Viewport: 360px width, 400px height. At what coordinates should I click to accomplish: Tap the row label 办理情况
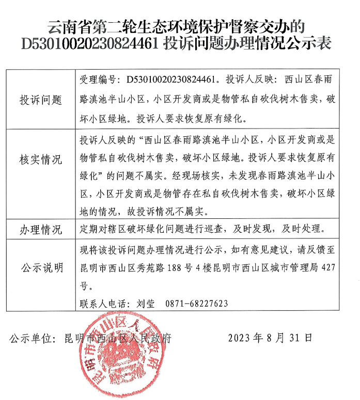pyautogui.click(x=41, y=229)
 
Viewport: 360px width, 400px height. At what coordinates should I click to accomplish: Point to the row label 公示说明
pyautogui.click(x=41, y=267)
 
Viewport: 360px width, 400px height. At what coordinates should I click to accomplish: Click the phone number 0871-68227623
pyautogui.click(x=197, y=303)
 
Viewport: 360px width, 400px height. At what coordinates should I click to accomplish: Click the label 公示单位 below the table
pyautogui.click(x=32, y=339)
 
